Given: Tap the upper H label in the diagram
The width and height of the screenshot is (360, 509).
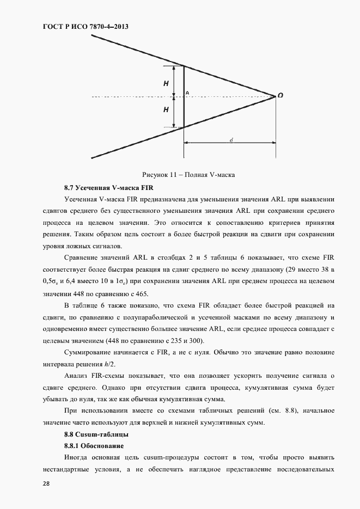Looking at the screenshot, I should click(166, 84).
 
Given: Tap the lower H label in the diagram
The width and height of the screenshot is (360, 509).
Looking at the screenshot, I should click(166, 109).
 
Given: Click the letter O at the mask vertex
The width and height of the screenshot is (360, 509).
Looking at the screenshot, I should click(280, 95).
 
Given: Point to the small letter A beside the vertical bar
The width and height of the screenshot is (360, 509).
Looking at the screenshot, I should click(187, 93).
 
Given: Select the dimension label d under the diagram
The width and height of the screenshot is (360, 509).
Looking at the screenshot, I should click(231, 140).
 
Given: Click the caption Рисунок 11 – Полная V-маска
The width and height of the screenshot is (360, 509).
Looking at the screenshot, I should click(191, 175).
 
